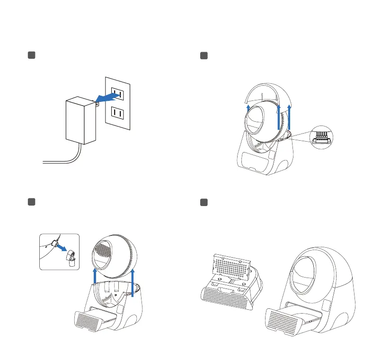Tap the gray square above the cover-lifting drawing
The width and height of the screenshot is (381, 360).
click(204, 56)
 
